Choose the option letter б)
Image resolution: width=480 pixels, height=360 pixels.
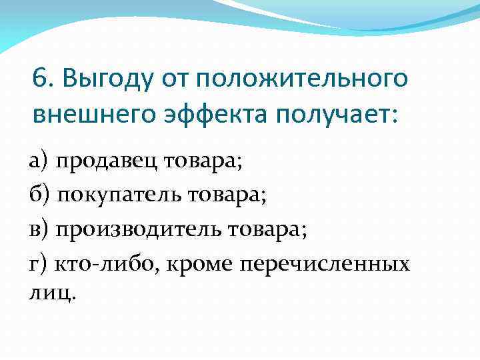[39, 195]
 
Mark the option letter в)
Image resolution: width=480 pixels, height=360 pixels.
[39, 230]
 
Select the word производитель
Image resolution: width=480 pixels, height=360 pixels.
[139, 230]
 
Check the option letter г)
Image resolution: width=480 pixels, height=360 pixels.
[39, 265]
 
